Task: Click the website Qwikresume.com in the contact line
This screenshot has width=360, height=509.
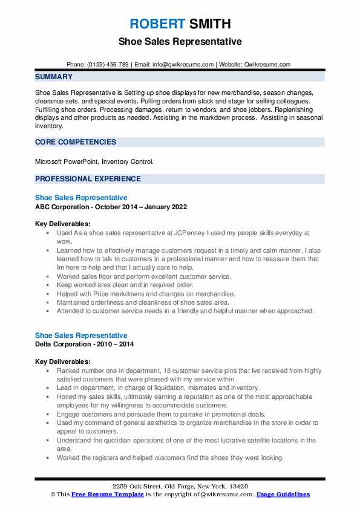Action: [268, 65]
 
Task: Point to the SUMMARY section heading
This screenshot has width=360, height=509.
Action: [54, 77]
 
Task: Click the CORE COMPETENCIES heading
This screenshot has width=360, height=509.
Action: [76, 142]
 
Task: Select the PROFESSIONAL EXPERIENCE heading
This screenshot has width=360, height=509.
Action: [88, 179]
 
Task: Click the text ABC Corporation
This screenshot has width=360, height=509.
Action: [63, 207]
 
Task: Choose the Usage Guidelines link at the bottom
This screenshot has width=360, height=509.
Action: [283, 494]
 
